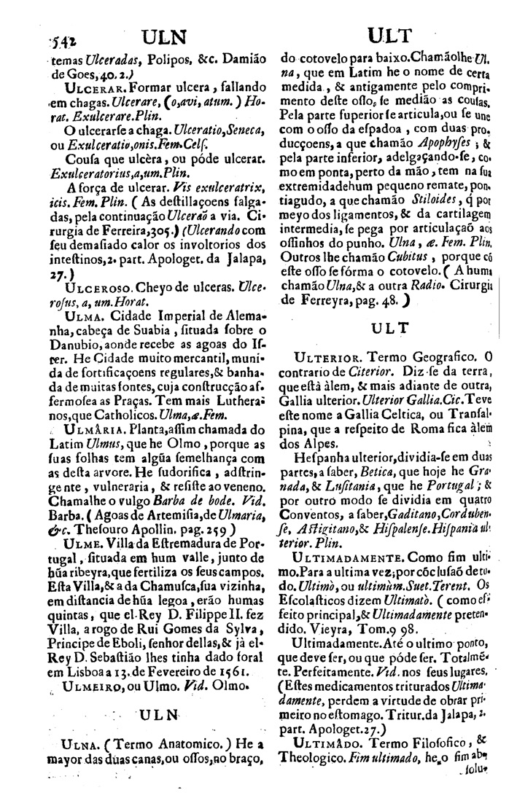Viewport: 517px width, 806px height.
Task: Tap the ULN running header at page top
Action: click(166, 36)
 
